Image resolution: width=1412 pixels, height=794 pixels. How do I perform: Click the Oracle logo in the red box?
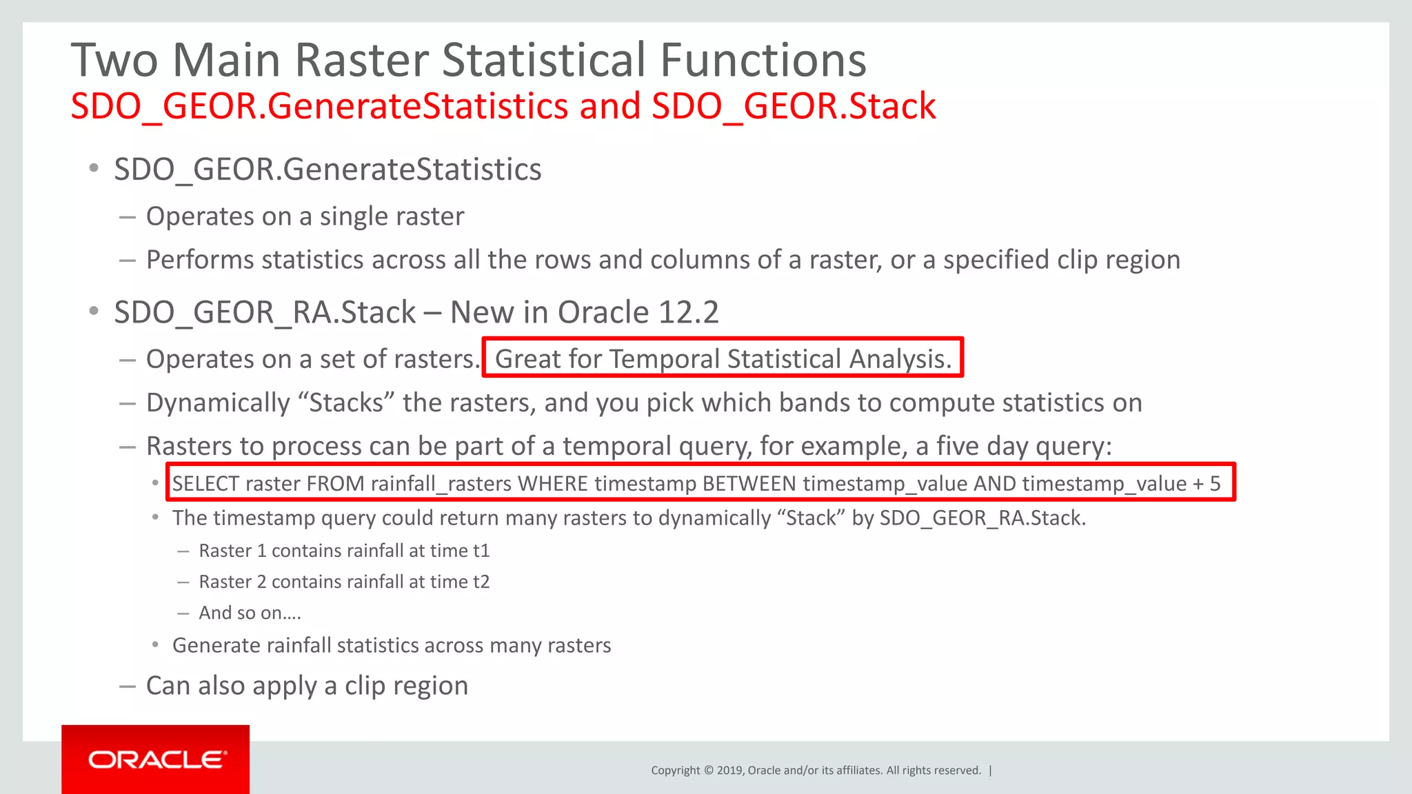click(157, 760)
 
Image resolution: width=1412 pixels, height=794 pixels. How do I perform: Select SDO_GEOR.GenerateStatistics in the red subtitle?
click(319, 106)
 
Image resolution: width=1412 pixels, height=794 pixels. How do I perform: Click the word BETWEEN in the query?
click(749, 484)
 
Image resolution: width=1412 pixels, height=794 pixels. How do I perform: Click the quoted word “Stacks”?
click(346, 403)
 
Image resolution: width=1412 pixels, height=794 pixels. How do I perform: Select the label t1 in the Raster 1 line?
click(481, 551)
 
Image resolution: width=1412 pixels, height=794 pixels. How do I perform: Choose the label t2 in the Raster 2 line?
click(481, 582)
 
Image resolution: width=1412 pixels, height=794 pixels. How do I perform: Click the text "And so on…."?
click(250, 613)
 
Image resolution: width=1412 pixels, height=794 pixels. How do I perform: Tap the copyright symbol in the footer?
click(707, 771)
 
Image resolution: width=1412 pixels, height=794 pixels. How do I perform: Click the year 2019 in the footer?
click(729, 771)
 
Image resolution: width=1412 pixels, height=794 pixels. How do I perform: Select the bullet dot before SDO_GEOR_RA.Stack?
click(94, 312)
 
